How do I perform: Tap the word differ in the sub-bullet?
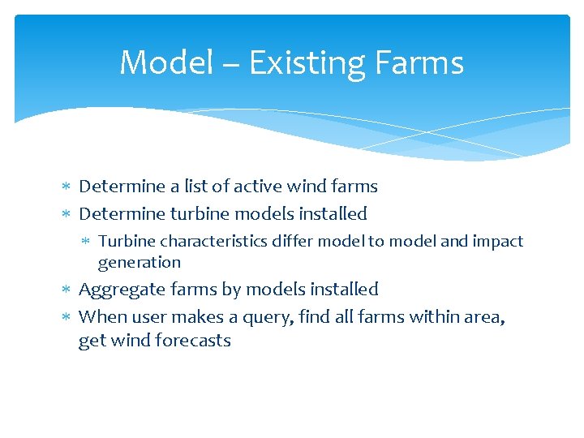pos(293,242)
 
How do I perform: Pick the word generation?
pos(140,263)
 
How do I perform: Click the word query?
pos(265,317)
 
